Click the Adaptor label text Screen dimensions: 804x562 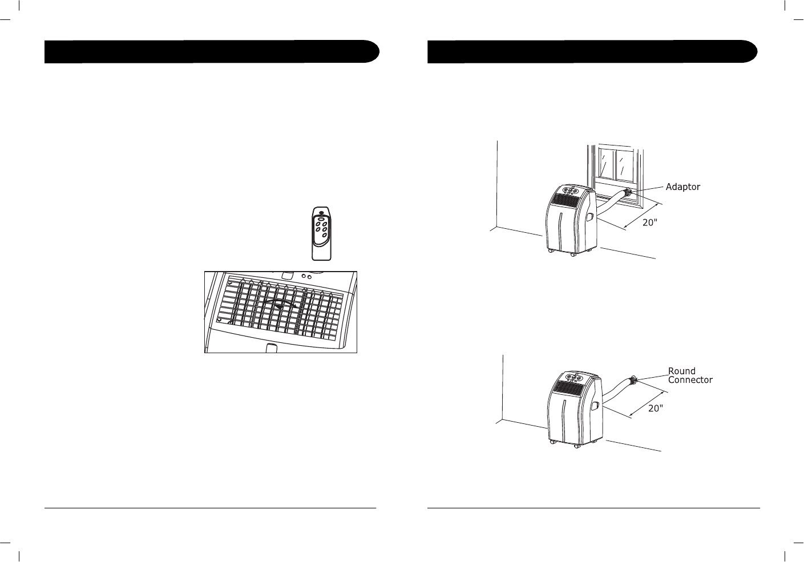coord(682,187)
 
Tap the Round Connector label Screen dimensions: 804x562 coord(690,375)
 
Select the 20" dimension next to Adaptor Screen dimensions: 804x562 coord(650,223)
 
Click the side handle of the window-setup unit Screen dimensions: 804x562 coord(589,216)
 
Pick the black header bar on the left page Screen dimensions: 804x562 coord(212,51)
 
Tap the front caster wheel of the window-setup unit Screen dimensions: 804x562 coord(572,254)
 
